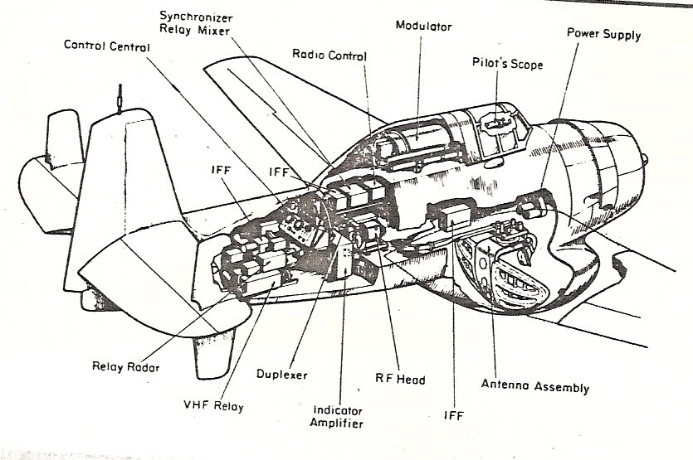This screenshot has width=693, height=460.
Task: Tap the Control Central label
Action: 107,46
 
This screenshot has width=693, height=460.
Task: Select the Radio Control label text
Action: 330,55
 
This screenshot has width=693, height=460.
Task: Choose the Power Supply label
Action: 603,34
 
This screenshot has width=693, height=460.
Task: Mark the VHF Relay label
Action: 214,406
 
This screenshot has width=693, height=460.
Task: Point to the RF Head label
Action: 401,380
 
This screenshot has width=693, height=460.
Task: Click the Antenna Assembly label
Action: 535,387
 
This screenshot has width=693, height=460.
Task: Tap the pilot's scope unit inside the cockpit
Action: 495,122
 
